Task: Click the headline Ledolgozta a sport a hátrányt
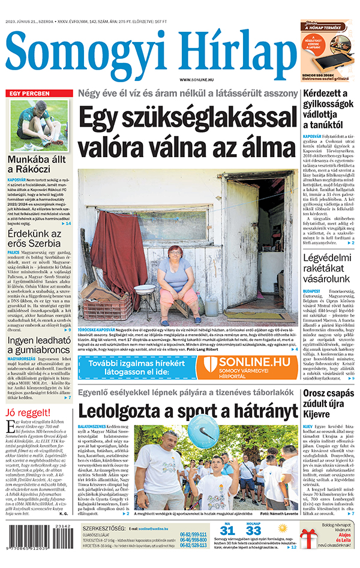click(187, 412)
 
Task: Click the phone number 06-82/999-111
click(193, 534)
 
